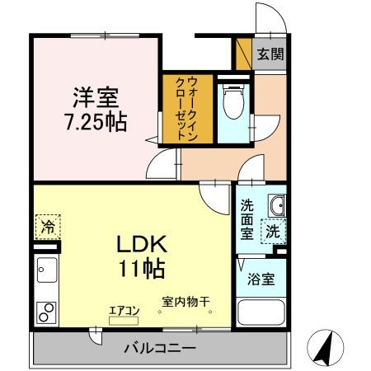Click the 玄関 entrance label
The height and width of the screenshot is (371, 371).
click(x=269, y=55)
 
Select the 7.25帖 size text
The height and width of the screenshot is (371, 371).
click(x=96, y=124)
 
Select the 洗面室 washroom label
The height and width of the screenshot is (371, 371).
click(x=247, y=219)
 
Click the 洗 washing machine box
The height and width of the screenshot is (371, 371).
click(x=272, y=232)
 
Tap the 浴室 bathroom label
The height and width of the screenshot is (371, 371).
click(x=262, y=279)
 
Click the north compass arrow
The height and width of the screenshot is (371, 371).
click(x=323, y=347)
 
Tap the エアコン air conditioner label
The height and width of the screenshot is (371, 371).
click(x=124, y=310)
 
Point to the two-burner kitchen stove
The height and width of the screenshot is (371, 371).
click(x=45, y=312)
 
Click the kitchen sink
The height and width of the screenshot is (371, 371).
click(x=46, y=271)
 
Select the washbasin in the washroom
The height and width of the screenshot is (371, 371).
click(x=276, y=204)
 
